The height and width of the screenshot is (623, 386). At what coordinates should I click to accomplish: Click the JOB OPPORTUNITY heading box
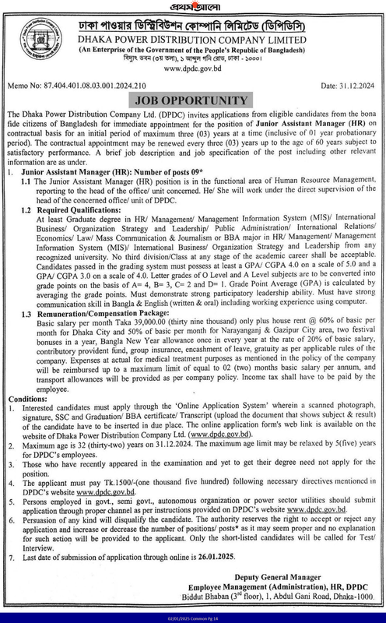[x=193, y=124]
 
